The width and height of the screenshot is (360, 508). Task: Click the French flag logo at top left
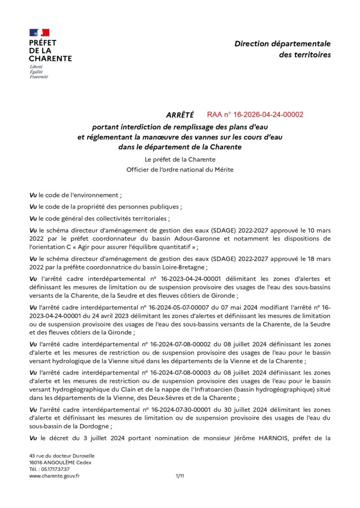(x=39, y=33)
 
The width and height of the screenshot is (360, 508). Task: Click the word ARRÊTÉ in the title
(x=180, y=115)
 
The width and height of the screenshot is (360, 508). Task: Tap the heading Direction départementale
(x=283, y=44)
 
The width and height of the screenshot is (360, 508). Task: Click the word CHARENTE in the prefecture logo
(x=50, y=58)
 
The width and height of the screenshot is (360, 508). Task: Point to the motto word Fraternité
(x=39, y=77)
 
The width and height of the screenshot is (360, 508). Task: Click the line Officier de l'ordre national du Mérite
(x=180, y=170)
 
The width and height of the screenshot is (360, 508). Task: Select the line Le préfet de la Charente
(x=180, y=160)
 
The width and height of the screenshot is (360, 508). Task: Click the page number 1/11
(x=180, y=476)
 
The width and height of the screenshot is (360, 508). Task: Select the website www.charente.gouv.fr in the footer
(x=55, y=476)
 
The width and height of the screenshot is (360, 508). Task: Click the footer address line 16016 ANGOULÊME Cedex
(x=60, y=462)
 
